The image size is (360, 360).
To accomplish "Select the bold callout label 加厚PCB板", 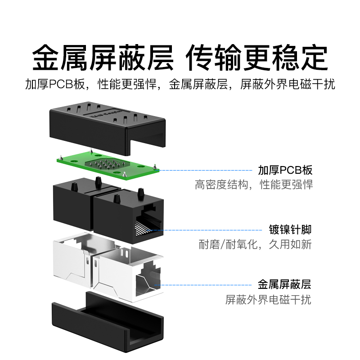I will pos(285,171).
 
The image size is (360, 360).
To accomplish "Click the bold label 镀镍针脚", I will pos(290,230).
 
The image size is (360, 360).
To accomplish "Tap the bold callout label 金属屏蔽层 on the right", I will pos(284,284).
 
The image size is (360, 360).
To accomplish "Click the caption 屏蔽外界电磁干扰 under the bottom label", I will pos(268,299).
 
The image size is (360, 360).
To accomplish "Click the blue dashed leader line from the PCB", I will pos(207,171).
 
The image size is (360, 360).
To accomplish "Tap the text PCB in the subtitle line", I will pos(58,84).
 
